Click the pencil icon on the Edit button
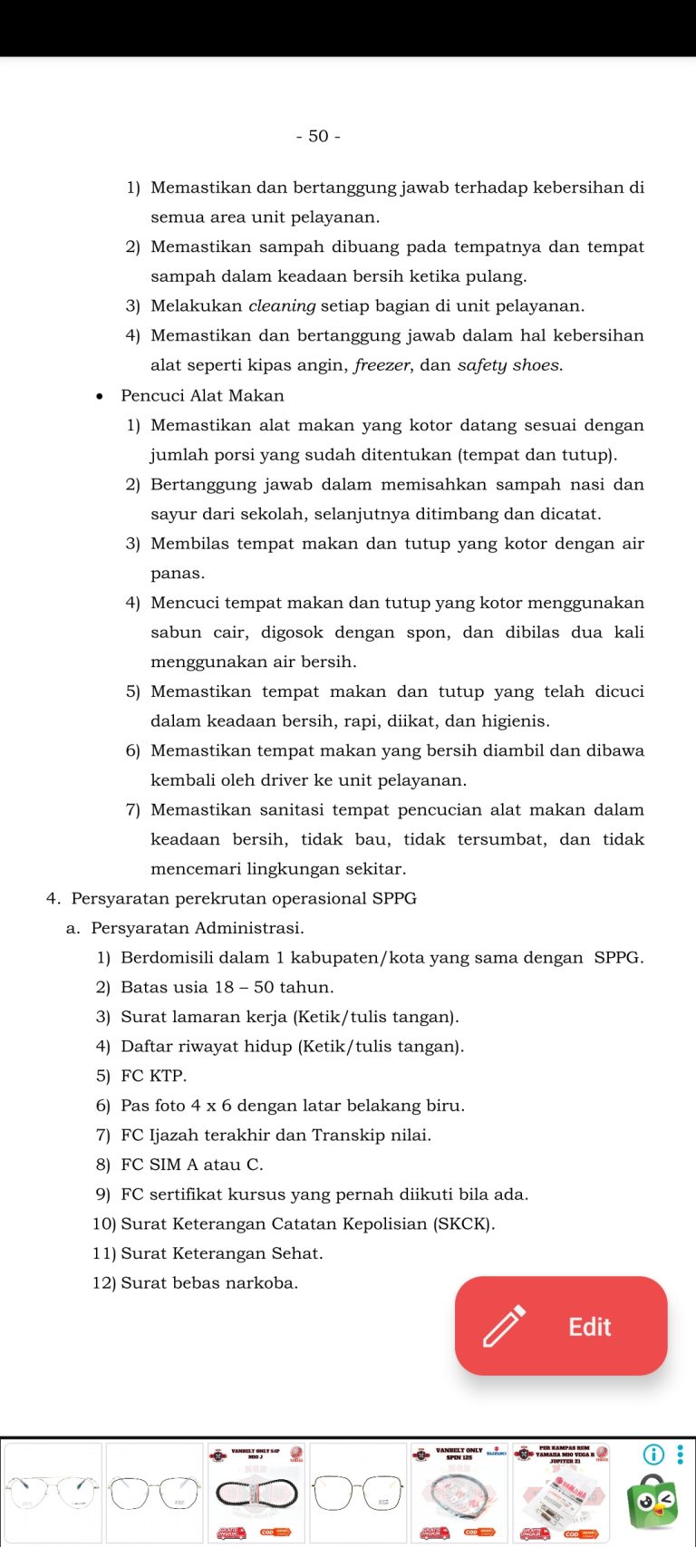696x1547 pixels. click(x=504, y=1326)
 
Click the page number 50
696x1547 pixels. click(x=318, y=136)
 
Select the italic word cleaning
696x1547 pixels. click(x=282, y=306)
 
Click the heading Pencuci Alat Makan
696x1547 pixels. click(x=202, y=395)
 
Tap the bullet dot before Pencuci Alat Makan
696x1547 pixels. click(x=100, y=396)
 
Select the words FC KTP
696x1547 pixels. click(x=153, y=1076)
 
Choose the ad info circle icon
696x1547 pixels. click(x=653, y=1455)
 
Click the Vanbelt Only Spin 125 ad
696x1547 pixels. click(x=459, y=1493)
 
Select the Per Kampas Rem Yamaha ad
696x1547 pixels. click(x=561, y=1493)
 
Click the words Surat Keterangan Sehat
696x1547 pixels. click(x=221, y=1253)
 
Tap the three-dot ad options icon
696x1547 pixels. click(x=681, y=1455)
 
